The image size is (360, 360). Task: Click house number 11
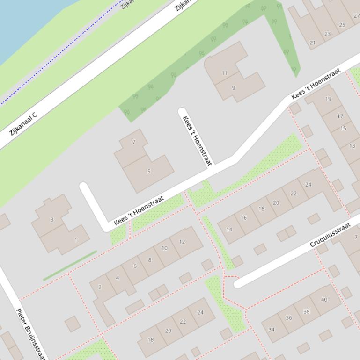tap(224, 73)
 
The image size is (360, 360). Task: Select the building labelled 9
tap(234, 88)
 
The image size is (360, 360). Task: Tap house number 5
tap(149, 172)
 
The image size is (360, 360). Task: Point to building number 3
tap(52, 219)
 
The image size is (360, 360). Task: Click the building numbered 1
tap(75, 240)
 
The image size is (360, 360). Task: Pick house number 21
tap(312, 43)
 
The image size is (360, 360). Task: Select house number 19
tap(328, 99)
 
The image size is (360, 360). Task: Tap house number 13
tap(352, 146)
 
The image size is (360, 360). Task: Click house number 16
tap(243, 218)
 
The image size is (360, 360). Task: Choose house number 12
tap(182, 242)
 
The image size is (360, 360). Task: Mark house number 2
tap(100, 287)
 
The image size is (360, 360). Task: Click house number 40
tap(324, 300)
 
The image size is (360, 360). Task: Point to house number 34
tap(271, 330)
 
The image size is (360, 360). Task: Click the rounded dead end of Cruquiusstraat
tap(238, 283)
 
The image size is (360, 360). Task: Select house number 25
tap(342, 25)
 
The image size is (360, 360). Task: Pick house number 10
tap(164, 248)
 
